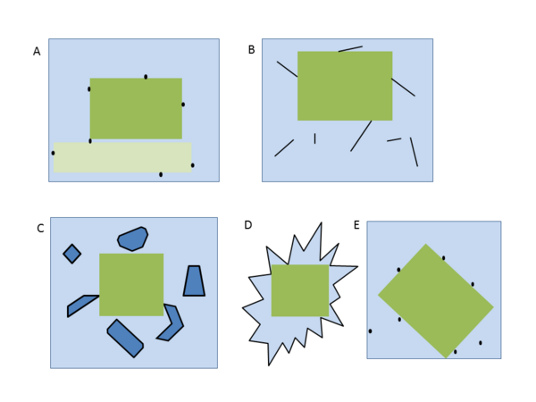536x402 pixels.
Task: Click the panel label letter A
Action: click(x=37, y=51)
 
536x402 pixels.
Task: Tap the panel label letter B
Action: click(x=251, y=50)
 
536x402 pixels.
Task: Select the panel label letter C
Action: click(x=40, y=229)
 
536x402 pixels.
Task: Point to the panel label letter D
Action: click(x=248, y=225)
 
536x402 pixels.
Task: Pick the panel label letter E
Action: click(x=356, y=225)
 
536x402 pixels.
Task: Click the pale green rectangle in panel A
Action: click(x=122, y=157)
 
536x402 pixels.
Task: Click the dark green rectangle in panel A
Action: click(x=136, y=108)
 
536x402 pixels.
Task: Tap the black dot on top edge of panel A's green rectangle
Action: click(x=146, y=77)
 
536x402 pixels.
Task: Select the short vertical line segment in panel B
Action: click(x=314, y=138)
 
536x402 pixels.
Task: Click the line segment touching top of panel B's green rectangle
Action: click(x=350, y=49)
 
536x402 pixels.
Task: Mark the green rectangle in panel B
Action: click(x=345, y=86)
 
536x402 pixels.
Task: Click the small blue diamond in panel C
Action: click(x=72, y=254)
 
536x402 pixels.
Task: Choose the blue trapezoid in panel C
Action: click(x=194, y=281)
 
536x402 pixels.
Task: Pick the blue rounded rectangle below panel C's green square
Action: click(x=125, y=339)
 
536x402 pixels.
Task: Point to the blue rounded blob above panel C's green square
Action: click(x=132, y=239)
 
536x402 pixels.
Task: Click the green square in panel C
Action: click(x=131, y=284)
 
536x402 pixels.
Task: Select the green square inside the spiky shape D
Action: click(x=300, y=290)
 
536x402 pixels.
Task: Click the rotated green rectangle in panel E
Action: click(x=436, y=301)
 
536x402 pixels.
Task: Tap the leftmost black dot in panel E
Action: click(x=370, y=331)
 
